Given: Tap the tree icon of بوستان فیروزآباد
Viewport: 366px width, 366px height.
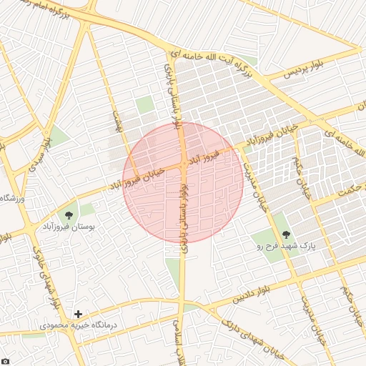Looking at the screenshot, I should [69, 214].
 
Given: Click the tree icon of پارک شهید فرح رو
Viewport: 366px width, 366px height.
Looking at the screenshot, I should [286, 234].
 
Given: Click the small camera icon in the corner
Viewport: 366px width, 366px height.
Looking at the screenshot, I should [5, 361].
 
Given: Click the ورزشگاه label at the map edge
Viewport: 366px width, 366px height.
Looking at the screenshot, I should [13, 198].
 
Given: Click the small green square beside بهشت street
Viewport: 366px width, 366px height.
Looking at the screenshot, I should [145, 105].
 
